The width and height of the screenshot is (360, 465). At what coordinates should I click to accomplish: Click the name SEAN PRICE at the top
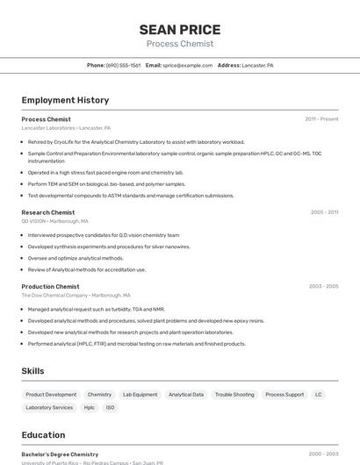click(180, 30)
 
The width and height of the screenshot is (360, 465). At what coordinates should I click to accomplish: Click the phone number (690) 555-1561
click(123, 65)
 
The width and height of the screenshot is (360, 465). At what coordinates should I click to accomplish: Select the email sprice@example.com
click(188, 65)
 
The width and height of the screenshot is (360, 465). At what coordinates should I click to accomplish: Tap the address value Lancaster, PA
click(257, 65)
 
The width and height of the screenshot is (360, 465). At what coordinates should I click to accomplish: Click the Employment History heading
click(65, 100)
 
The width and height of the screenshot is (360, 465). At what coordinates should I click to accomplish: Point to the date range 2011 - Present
click(321, 119)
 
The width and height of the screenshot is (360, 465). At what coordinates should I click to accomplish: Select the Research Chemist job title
click(48, 212)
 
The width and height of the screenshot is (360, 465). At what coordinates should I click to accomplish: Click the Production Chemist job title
click(50, 286)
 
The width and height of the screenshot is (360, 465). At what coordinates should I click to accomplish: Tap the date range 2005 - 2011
click(324, 212)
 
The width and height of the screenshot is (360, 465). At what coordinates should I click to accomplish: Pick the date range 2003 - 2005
click(323, 286)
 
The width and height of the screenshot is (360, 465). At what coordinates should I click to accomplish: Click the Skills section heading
click(32, 371)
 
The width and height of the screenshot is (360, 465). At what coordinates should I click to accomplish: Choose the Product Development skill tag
click(51, 395)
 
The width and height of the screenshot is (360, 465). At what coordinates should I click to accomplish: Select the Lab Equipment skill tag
click(140, 395)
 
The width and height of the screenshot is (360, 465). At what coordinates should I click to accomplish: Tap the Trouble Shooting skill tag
click(234, 395)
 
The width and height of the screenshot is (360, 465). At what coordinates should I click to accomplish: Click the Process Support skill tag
click(284, 395)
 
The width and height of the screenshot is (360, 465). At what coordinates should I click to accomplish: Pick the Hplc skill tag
click(90, 407)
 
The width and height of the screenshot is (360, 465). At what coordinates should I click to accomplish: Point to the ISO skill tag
click(111, 407)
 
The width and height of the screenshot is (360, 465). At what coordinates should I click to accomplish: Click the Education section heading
click(43, 434)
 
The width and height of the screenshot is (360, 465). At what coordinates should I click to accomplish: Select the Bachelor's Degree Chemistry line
click(60, 454)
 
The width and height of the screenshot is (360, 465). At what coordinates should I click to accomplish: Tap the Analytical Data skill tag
click(186, 395)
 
